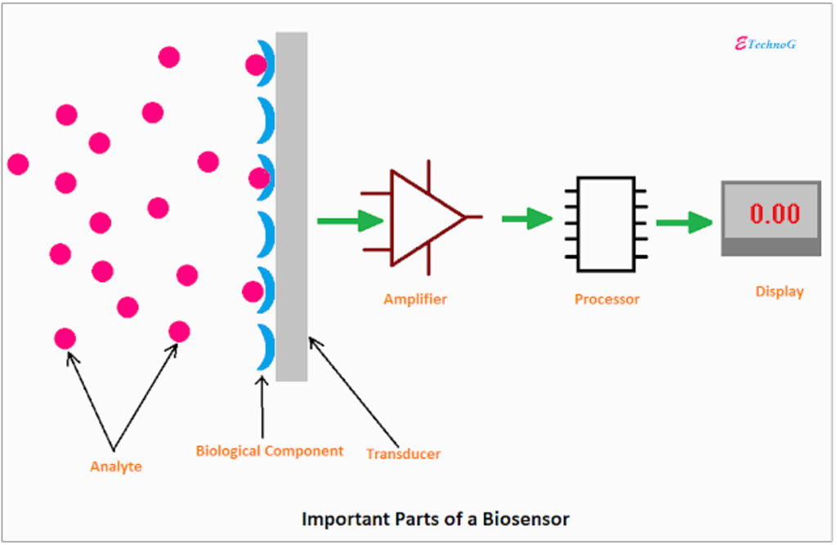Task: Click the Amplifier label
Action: pos(415,299)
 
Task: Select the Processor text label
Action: pos(606,299)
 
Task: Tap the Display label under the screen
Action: pos(779,291)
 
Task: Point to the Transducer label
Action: pos(403,453)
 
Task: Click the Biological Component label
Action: pos(270,450)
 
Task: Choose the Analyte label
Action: pos(115,467)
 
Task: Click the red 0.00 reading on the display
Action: pos(774,213)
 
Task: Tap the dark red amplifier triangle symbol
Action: pos(420,218)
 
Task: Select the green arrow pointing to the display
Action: pos(684,221)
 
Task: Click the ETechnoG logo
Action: pos(765,44)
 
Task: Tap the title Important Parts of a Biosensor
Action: pos(435,518)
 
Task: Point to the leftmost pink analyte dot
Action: pos(18,164)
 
